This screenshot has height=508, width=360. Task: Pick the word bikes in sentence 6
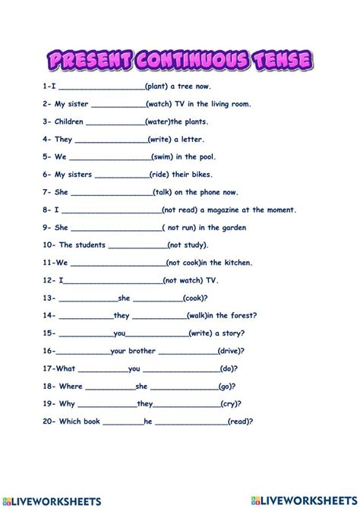[210, 174]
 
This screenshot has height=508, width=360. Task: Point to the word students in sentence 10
[83, 245]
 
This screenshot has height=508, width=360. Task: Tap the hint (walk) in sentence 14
[196, 315]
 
